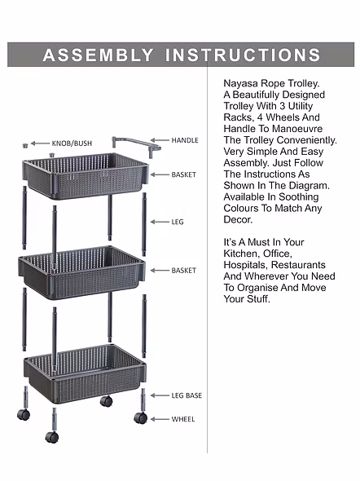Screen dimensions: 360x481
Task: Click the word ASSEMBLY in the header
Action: tap(98, 55)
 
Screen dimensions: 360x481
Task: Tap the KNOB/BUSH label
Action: tap(72, 143)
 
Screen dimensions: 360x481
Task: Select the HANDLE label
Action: tap(185, 140)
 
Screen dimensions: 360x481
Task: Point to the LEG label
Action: tap(178, 221)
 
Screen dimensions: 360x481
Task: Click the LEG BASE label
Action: tap(187, 395)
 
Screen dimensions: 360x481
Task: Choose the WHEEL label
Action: tap(182, 419)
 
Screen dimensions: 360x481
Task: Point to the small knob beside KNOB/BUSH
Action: tap(27, 145)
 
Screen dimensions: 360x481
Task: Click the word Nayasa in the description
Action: tap(242, 83)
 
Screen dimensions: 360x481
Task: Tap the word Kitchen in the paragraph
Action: tap(242, 254)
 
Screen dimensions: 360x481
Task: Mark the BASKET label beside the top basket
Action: tap(183, 174)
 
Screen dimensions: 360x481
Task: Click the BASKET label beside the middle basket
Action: tap(183, 270)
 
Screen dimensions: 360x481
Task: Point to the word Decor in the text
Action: tap(239, 220)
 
